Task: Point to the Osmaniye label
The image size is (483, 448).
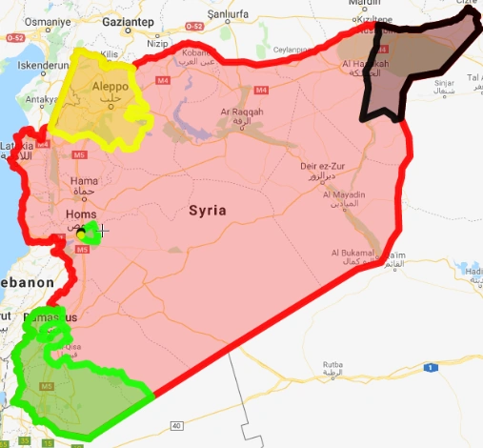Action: pyautogui.click(x=23, y=22)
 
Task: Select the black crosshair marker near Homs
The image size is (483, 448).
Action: pyautogui.click(x=102, y=230)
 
